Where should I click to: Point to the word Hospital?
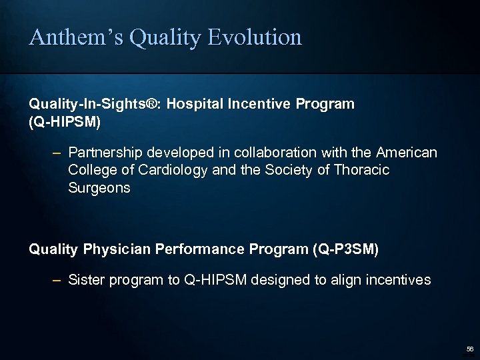[x=195, y=105]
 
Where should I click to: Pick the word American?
[x=407, y=153]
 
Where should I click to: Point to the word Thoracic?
[x=359, y=171]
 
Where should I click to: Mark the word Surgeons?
[x=99, y=188]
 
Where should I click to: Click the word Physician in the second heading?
[x=117, y=249]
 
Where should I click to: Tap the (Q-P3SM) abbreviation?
[x=345, y=249]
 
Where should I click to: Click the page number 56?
[x=469, y=349]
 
